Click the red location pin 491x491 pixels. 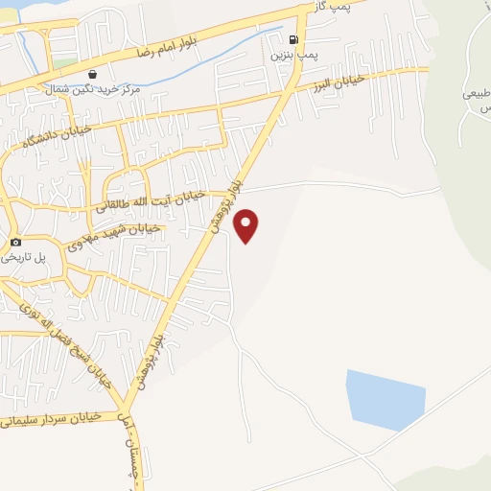(247, 224)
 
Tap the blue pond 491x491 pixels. (386, 397)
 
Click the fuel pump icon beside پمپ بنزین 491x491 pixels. (292, 40)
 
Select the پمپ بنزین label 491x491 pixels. (292, 56)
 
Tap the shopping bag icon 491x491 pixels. (91, 74)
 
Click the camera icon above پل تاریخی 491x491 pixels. (15, 243)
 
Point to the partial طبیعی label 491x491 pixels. (477, 95)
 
